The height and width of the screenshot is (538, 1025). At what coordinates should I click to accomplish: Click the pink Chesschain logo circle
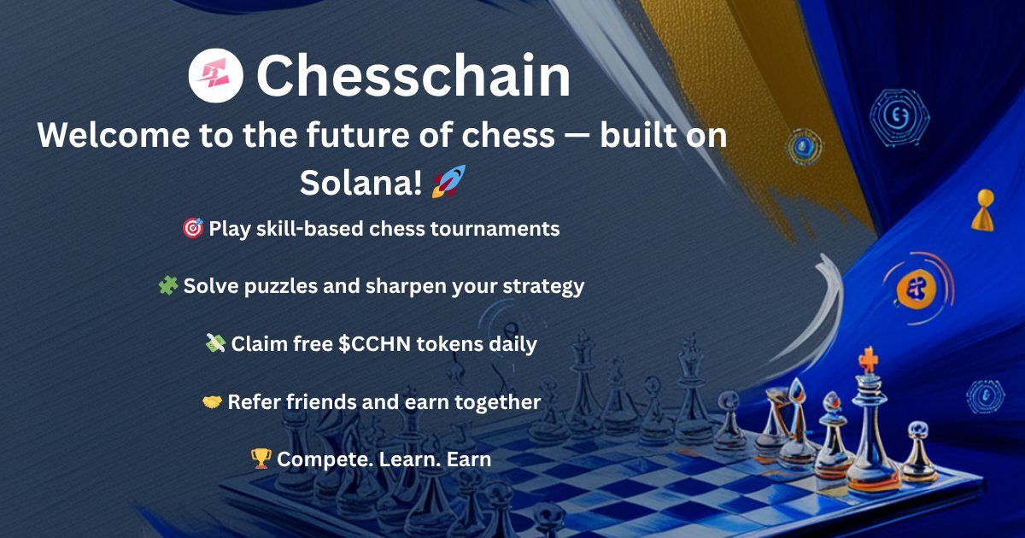(216, 76)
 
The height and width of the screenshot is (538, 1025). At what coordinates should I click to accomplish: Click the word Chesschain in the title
(413, 76)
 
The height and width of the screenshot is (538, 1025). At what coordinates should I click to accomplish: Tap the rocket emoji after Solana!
(448, 181)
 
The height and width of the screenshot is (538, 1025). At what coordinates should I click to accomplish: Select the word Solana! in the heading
(361, 182)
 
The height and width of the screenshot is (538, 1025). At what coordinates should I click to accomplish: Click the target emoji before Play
(193, 229)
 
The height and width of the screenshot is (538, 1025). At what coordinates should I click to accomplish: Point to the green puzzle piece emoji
(168, 286)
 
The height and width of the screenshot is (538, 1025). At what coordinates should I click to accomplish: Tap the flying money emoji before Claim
(215, 344)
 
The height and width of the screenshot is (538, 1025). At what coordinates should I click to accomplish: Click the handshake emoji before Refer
(213, 401)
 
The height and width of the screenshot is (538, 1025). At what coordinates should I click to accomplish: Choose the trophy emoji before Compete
(261, 459)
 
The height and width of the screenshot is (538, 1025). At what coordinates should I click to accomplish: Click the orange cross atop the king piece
(869, 361)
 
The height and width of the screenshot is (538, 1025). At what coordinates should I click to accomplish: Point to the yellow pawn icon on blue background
(982, 211)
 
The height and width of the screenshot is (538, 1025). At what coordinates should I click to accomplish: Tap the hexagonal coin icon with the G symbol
(899, 114)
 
